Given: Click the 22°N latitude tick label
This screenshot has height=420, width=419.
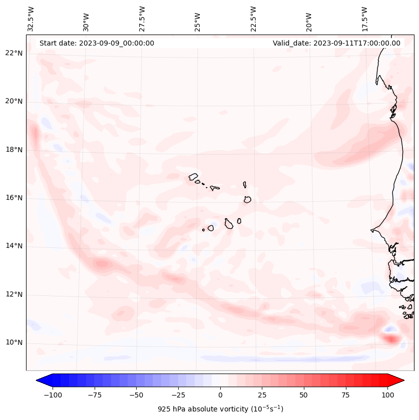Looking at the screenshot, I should (14, 54).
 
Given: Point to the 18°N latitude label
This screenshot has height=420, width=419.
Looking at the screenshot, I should (14, 150).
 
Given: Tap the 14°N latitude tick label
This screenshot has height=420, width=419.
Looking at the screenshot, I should (14, 246).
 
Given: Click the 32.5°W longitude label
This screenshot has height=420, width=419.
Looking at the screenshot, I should (31, 19).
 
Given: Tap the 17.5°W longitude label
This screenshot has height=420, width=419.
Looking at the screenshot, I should (364, 19).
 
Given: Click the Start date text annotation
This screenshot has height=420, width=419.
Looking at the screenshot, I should (97, 43).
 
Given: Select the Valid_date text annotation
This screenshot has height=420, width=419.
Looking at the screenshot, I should (336, 43).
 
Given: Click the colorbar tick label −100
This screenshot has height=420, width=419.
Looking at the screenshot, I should (53, 395).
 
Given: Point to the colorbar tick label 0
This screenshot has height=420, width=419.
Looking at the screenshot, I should (220, 395).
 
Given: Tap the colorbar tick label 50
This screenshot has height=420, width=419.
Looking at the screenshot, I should (304, 395).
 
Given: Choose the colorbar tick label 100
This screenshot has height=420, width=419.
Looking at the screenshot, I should (387, 395).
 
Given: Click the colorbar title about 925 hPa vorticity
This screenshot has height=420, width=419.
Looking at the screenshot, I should (220, 409).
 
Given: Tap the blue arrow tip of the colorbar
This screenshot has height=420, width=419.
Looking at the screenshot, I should (41, 380).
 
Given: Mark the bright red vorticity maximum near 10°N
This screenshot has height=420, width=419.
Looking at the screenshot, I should (391, 339).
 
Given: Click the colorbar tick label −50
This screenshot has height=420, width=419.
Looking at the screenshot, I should (136, 395).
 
